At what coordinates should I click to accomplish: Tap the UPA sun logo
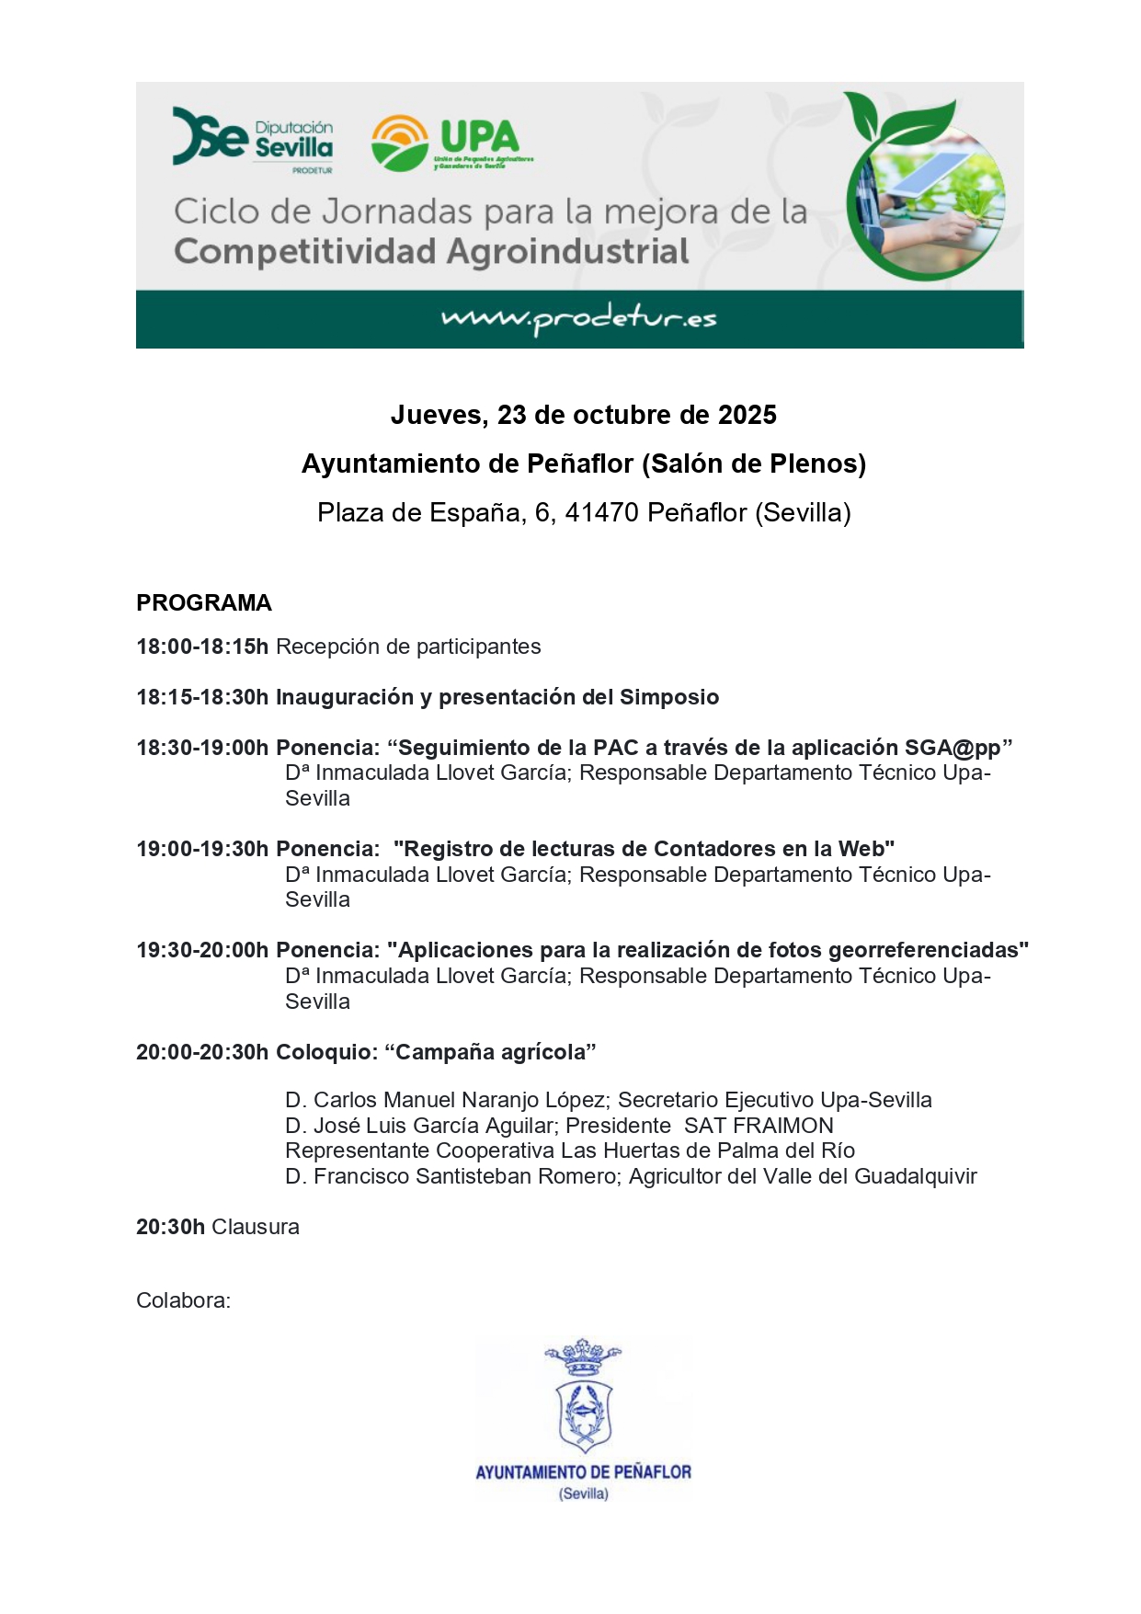pos(399,143)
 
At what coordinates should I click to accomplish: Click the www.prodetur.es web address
pos(578,318)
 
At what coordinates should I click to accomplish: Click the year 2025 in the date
pos(747,416)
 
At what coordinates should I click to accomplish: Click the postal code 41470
pos(601,513)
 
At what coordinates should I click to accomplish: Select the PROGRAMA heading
pos(204,603)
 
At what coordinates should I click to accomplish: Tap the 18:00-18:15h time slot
pos(202,647)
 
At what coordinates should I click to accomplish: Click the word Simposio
pos(669,698)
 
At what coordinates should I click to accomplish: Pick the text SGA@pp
pos(953,749)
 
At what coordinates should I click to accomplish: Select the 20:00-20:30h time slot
pos(202,1053)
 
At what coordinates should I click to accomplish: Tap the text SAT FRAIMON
pos(759,1127)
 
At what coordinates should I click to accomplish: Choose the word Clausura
pos(256,1228)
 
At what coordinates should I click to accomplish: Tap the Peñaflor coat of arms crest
pos(583,1398)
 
